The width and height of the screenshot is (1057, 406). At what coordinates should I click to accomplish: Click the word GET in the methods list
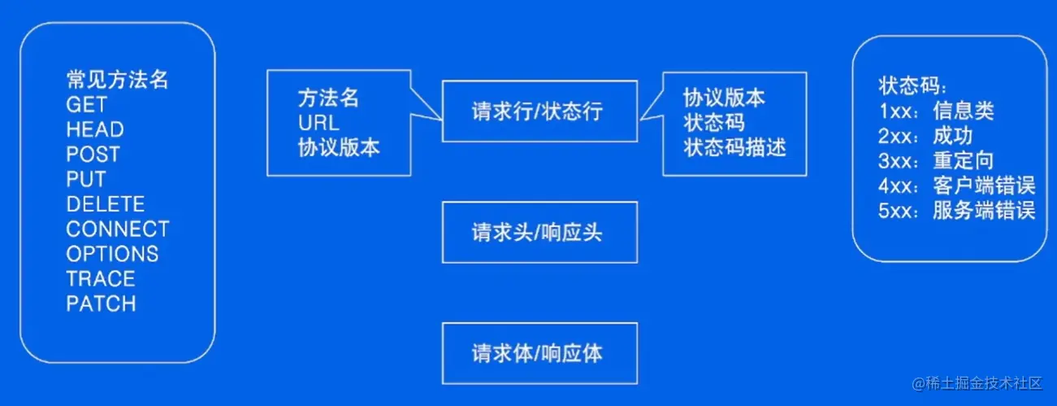[x=86, y=104]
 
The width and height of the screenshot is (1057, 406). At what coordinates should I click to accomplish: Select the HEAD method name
[x=95, y=129]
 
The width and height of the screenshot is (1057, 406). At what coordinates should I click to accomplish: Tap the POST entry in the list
[x=93, y=154]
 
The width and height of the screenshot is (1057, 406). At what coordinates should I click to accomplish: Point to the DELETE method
[x=106, y=203]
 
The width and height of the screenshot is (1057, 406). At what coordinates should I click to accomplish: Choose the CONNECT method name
[x=118, y=229]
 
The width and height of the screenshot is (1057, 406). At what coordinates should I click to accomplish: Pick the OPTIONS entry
[x=112, y=254]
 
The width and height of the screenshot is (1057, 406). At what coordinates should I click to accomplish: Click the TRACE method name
[x=101, y=279]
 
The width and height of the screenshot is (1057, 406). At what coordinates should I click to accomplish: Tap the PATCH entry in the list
[x=101, y=303]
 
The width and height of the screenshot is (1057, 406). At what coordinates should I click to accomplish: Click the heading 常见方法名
[x=117, y=79]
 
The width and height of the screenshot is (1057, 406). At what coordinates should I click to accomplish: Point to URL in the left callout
[x=318, y=123]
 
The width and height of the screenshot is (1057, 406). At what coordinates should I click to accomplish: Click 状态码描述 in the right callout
[x=734, y=147]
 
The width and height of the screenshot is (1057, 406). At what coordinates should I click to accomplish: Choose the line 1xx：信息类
[x=936, y=110]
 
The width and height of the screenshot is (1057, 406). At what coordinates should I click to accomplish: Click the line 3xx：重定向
[x=936, y=160]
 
